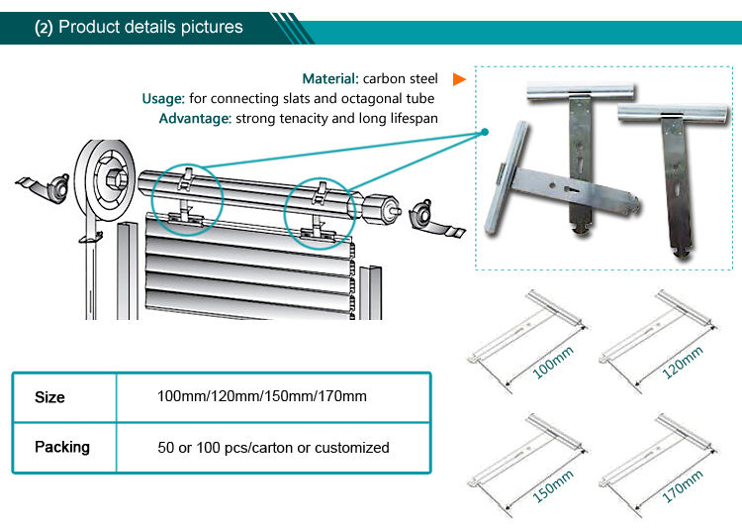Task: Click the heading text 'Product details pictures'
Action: [x=150, y=27]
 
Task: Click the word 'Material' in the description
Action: [x=330, y=78]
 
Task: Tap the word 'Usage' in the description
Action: [x=163, y=98]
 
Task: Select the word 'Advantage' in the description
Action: [x=194, y=118]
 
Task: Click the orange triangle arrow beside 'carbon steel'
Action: [x=458, y=78]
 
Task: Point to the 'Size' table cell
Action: [x=50, y=397]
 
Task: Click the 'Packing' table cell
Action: [x=62, y=447]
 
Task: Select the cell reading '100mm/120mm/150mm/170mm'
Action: [x=262, y=397]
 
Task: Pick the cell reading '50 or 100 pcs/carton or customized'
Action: [x=273, y=447]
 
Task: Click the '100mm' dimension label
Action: [x=554, y=363]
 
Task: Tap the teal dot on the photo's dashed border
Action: [x=486, y=132]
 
